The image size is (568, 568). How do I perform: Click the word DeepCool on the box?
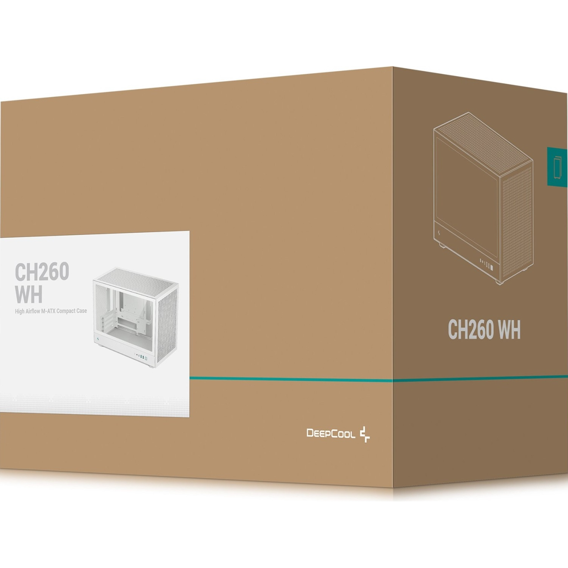pos(331,433)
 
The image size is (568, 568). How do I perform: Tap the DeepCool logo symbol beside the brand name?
pos(365,435)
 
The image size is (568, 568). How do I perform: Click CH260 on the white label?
pos(42,272)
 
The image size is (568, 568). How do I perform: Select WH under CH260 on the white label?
pos(28,294)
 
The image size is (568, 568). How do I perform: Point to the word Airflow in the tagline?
pos(33,311)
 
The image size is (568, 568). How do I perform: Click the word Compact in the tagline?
pos(66,311)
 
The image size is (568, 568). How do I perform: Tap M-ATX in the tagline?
pos(49,311)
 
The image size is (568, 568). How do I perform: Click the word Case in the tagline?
pos(82,311)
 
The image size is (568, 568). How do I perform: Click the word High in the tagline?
pos(20,311)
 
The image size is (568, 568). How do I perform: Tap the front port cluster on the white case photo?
pos(141,357)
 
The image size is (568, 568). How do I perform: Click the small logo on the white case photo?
pos(98,339)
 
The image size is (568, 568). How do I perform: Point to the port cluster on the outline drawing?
pos(487,264)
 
